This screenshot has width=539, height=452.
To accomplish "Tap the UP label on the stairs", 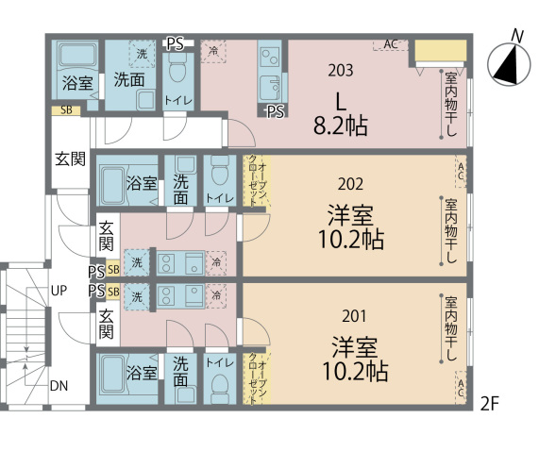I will coord(59,291).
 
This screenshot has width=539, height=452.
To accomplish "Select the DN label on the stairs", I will coord(59,386).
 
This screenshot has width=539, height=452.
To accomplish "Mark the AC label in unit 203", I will coord(391,44).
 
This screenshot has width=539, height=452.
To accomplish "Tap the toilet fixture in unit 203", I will coord(177,71).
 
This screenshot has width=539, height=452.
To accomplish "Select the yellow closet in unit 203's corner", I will coord(441,51).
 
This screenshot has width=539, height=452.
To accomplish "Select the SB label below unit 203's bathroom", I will coord(64,110).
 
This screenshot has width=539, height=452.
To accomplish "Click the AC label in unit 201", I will coord(460,387).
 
